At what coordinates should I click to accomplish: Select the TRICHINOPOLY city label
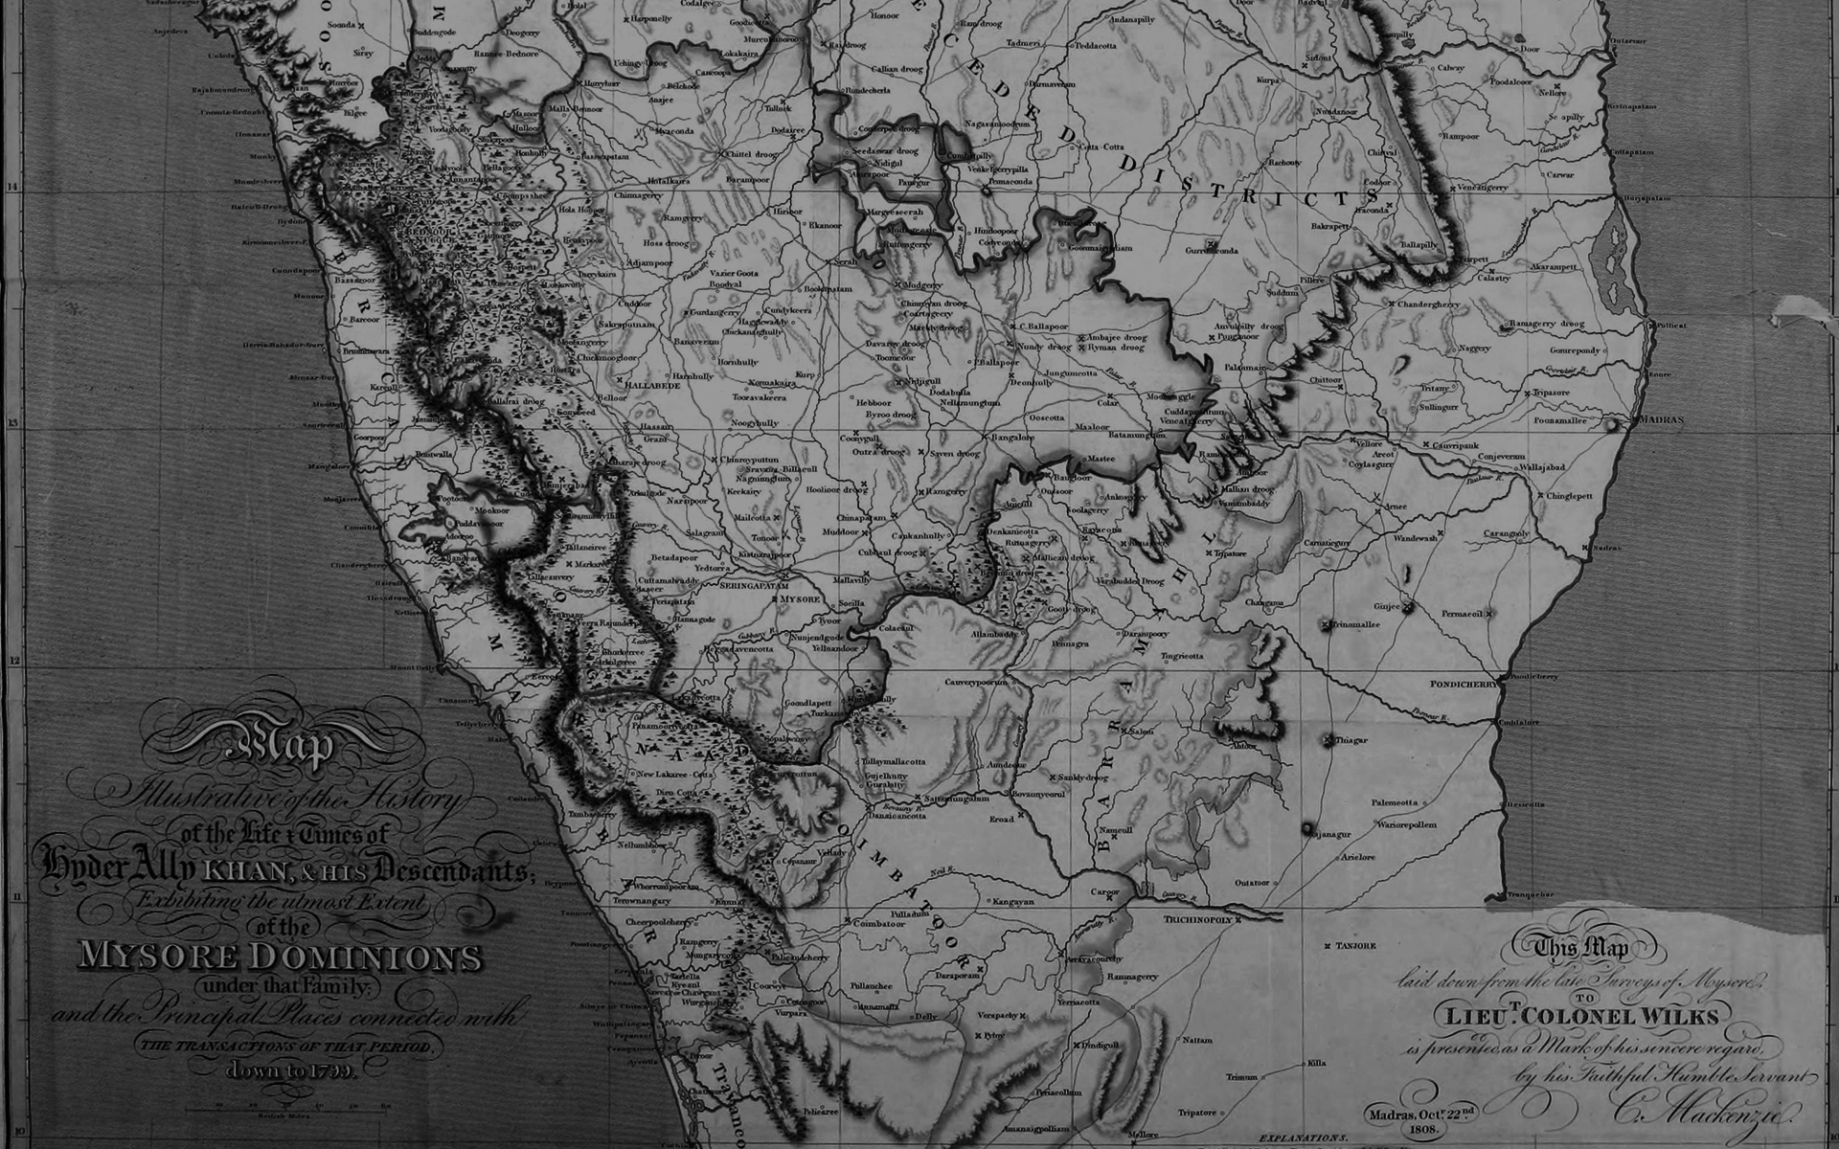[1197, 919]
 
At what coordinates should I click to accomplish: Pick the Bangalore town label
[1012, 438]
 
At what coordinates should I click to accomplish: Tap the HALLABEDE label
[653, 385]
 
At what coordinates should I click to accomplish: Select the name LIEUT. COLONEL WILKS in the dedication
[1577, 1015]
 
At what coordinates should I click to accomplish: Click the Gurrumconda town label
[1213, 251]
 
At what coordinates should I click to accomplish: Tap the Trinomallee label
[1352, 624]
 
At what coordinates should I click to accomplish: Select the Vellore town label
[1370, 443]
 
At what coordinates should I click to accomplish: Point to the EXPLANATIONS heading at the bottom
[1303, 1138]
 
